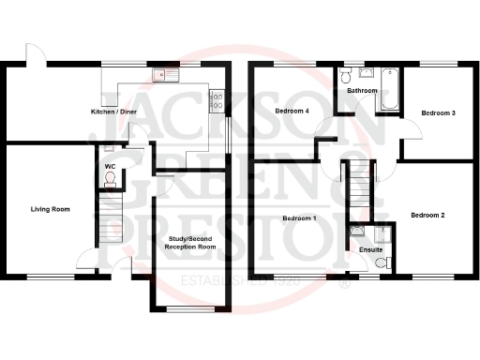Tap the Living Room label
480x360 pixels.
pyautogui.click(x=51, y=209)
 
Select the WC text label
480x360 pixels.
pyautogui.click(x=110, y=167)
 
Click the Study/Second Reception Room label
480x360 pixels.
pyautogui.click(x=189, y=245)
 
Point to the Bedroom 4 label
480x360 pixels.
pyautogui.click(x=292, y=112)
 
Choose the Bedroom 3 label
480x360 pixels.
pyautogui.click(x=438, y=112)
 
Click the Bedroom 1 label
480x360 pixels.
pyautogui.click(x=299, y=218)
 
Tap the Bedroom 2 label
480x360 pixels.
pyautogui.click(x=427, y=216)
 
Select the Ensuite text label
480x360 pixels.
pyautogui.click(x=369, y=250)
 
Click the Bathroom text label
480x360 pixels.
pyautogui.click(x=362, y=91)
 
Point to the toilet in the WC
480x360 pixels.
pyautogui.click(x=109, y=150)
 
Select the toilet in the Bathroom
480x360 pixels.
pyautogui.click(x=347, y=74)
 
